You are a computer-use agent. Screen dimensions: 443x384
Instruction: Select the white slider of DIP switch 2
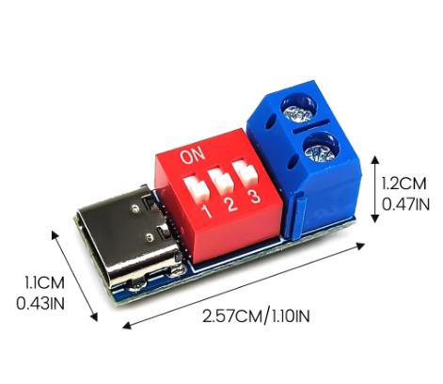(221, 181)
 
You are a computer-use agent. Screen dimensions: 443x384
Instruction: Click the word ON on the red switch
(193, 156)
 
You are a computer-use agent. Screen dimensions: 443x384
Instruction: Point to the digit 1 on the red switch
(207, 211)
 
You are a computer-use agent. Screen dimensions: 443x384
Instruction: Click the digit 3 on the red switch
(254, 197)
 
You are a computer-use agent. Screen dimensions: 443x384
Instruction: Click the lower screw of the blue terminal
(322, 150)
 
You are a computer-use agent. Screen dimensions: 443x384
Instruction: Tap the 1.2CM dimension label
(403, 184)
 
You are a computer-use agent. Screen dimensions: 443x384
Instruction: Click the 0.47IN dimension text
(405, 204)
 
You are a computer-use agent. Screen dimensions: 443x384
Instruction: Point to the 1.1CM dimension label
(45, 282)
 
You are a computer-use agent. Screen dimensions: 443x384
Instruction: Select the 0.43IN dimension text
(40, 303)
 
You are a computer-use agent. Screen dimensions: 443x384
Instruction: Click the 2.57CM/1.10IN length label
(256, 316)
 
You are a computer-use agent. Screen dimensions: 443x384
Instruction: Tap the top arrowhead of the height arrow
(375, 159)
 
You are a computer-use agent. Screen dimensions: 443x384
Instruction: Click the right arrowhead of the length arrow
(360, 246)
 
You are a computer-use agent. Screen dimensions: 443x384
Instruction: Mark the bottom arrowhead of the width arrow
(94, 317)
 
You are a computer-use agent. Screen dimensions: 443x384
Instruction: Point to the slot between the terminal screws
(312, 125)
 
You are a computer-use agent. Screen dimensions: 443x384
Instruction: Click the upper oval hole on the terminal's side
(270, 122)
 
